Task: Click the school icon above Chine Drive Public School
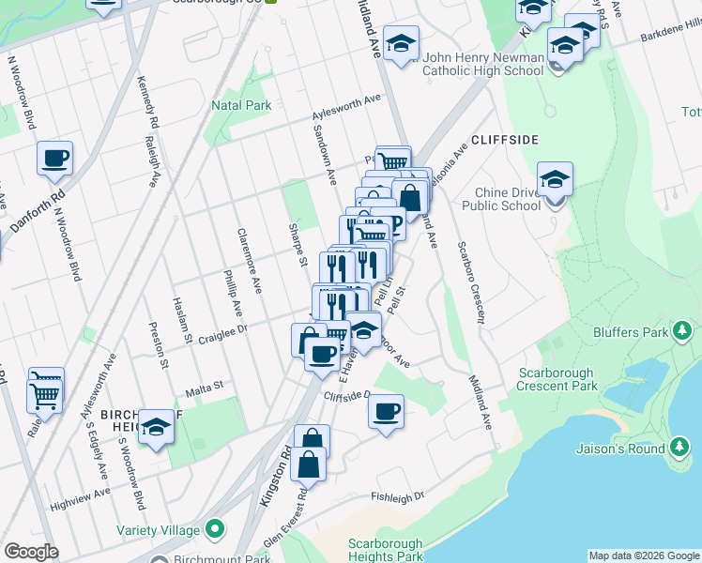[555, 178]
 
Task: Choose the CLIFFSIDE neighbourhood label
[505, 140]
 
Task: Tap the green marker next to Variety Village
[215, 528]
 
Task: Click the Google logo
[31, 552]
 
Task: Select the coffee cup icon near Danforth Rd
[54, 158]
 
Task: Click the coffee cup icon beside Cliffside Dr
[385, 410]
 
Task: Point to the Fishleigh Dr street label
[398, 496]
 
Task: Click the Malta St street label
[204, 385]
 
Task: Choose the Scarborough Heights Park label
[386, 550]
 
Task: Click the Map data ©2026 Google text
[644, 555]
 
